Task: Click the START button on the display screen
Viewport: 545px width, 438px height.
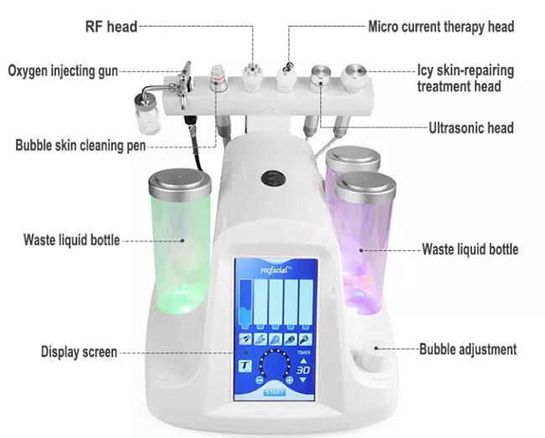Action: pyautogui.click(x=273, y=390)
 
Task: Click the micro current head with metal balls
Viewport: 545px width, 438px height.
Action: pyautogui.click(x=286, y=77)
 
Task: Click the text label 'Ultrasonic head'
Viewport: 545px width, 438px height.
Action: pyautogui.click(x=470, y=128)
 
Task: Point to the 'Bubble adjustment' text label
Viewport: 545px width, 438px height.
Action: pyautogui.click(x=468, y=349)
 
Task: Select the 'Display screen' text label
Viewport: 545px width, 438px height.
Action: pyautogui.click(x=79, y=352)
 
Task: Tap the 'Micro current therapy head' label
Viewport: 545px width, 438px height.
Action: pyautogui.click(x=441, y=27)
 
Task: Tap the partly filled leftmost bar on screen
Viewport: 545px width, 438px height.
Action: pyautogui.click(x=246, y=306)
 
